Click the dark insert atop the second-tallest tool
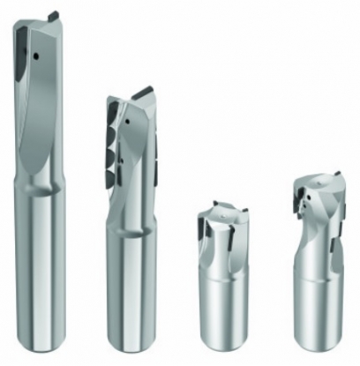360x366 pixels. [142, 92]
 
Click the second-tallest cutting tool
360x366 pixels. [133, 220]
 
